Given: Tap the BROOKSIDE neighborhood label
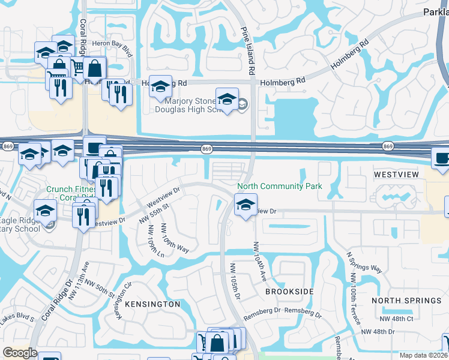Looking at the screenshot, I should pos(289,291).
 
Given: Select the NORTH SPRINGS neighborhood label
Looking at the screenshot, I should pos(406,301).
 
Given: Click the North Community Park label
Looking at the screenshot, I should pos(280,186).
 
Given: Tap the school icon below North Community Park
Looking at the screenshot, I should pos(246,206).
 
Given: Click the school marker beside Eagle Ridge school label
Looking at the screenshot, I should pos(45,212).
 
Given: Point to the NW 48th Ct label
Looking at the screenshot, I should pos(396,319).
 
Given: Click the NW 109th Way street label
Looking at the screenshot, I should pos(175,238).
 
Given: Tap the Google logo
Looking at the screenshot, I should pos(20,353).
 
